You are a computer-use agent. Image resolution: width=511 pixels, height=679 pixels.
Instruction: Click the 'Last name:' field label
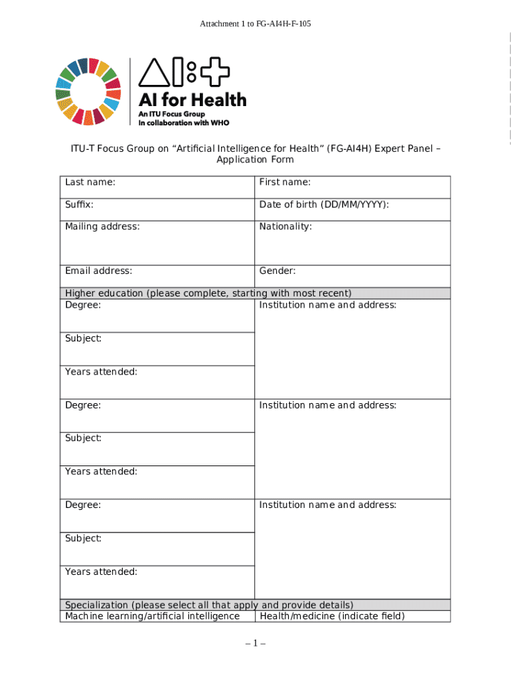click(x=90, y=182)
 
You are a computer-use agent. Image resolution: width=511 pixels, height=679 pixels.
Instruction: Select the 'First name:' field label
click(x=285, y=182)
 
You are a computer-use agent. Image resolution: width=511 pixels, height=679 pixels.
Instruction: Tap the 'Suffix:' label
click(x=79, y=205)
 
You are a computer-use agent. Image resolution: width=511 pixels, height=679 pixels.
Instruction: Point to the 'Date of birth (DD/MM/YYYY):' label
click(x=324, y=205)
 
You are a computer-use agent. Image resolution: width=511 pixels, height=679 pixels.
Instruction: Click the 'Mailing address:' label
click(x=102, y=227)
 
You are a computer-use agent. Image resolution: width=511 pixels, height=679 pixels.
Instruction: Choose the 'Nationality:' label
click(x=285, y=227)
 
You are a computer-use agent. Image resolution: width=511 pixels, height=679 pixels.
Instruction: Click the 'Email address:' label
click(x=98, y=271)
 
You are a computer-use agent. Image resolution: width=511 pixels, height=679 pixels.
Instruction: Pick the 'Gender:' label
click(x=277, y=271)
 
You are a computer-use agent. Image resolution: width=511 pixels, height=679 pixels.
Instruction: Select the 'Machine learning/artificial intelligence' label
click(x=152, y=616)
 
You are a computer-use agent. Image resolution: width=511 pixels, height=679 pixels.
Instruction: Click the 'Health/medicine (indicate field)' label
click(x=332, y=616)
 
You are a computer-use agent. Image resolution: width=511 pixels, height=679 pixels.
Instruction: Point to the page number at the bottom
click(x=256, y=643)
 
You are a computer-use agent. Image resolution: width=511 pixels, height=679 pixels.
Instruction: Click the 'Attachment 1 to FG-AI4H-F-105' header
click(x=256, y=24)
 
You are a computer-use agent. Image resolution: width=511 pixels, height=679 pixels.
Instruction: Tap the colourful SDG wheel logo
click(x=88, y=92)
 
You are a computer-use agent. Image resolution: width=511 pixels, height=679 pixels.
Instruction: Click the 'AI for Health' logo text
click(x=192, y=101)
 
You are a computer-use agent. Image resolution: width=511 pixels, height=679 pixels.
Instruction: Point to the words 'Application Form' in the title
click(x=255, y=160)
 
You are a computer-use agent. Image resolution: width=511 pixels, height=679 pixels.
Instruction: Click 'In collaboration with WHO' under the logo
click(x=183, y=123)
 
